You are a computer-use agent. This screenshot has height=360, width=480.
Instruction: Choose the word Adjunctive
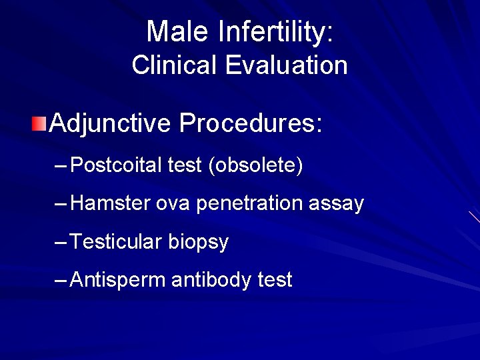pos(110,123)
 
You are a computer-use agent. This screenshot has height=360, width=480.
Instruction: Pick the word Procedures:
pos(251,123)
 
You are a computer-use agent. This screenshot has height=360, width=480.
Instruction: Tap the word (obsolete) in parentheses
pos(255,165)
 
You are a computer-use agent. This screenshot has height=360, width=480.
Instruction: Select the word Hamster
pos(109,203)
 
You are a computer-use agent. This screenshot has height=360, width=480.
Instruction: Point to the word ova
pos(173,203)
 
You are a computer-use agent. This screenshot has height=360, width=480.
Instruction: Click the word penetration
pos(249,203)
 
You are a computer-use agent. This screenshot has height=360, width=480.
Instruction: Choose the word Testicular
pos(115,241)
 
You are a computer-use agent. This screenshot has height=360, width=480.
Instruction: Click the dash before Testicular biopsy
pos(61,242)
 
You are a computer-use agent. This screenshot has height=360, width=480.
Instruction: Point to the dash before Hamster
pos(61,203)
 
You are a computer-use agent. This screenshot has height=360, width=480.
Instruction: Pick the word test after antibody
pos(275,280)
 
